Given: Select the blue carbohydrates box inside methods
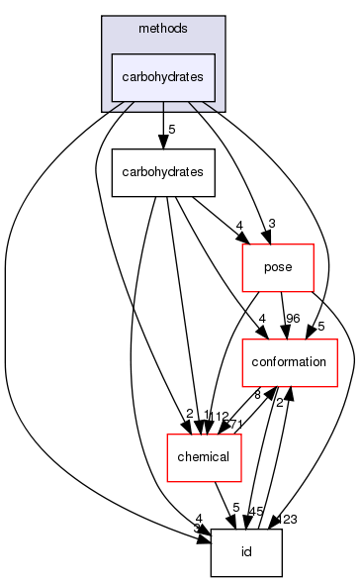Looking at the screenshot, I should (x=162, y=77).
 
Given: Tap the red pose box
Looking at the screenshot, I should (x=278, y=267).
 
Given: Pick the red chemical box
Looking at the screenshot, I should (x=202, y=456).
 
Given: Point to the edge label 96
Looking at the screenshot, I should (x=293, y=318).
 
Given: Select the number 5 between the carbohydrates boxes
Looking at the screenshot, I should (x=172, y=130).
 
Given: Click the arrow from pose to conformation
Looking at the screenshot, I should (x=284, y=315).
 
